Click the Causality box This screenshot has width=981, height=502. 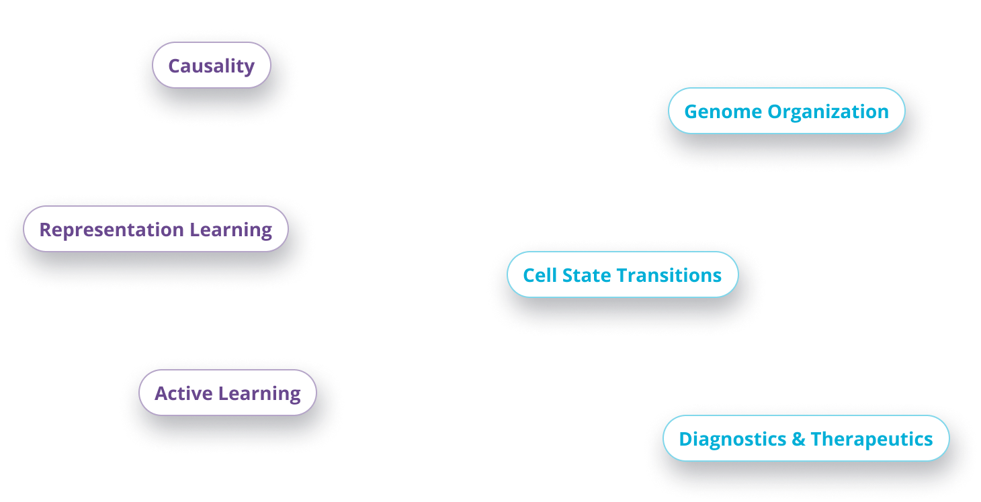[x=211, y=66]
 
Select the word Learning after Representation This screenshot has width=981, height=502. [x=230, y=230]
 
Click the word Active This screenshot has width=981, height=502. [x=181, y=393]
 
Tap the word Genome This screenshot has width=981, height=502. [x=723, y=111]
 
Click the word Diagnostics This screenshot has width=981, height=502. [x=733, y=439]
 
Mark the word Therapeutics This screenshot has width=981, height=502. [x=871, y=439]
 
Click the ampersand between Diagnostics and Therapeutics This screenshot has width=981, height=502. [x=798, y=439]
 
